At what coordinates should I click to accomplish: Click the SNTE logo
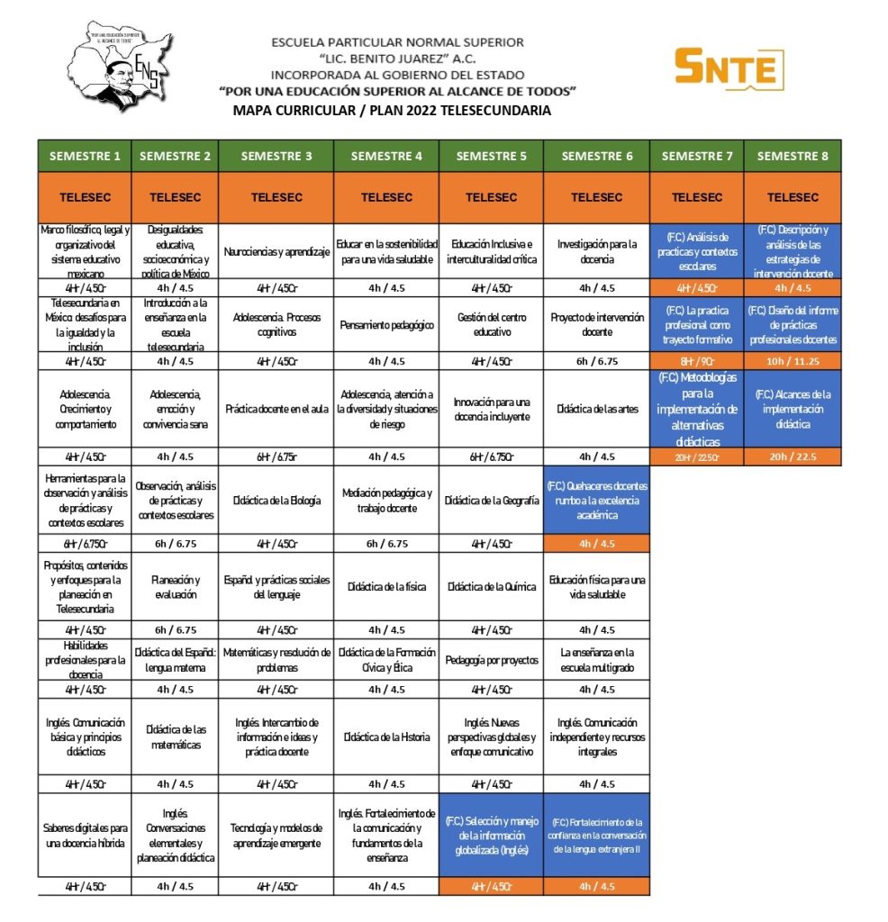(x=729, y=68)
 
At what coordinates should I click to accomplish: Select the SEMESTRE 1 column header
(x=85, y=156)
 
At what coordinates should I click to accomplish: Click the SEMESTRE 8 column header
(x=793, y=156)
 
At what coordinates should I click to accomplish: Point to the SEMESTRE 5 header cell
(x=491, y=156)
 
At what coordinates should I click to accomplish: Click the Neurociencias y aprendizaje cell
(x=276, y=252)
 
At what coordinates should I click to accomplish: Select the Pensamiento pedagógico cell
(x=386, y=325)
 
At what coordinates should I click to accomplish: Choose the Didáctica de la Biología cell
(x=276, y=501)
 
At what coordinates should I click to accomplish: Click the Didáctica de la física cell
(x=386, y=587)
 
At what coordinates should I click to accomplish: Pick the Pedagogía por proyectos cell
(x=491, y=660)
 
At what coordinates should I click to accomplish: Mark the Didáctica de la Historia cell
(x=386, y=737)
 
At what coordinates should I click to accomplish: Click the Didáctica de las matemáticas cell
(x=175, y=737)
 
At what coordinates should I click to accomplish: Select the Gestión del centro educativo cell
(x=491, y=325)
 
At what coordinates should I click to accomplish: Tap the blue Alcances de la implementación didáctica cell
(x=793, y=409)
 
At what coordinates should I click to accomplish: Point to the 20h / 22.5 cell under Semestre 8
(x=793, y=456)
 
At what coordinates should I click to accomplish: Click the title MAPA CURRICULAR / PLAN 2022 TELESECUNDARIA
(x=392, y=111)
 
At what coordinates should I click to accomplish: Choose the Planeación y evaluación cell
(x=175, y=587)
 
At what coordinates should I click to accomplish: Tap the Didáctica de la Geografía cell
(x=491, y=501)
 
